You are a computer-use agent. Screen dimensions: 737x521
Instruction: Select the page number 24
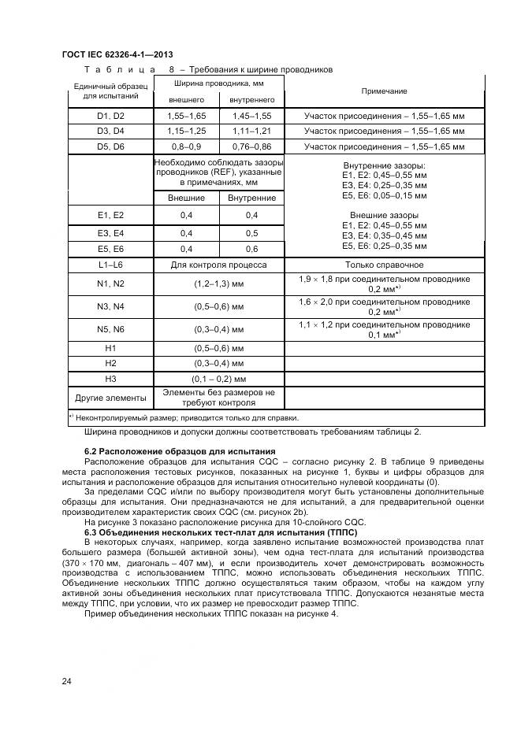pyautogui.click(x=67, y=681)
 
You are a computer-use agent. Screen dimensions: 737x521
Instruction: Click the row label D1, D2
pyautogui.click(x=110, y=116)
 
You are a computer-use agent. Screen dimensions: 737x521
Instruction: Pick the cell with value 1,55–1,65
pyautogui.click(x=186, y=116)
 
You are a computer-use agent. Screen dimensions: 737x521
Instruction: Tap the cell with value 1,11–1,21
pyautogui.click(x=251, y=131)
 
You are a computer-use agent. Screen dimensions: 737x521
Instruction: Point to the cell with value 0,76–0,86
pyautogui.click(x=251, y=146)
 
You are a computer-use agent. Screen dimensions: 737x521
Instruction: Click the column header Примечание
pyautogui.click(x=384, y=91)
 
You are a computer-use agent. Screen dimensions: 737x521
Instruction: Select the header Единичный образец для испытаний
pyautogui.click(x=110, y=91)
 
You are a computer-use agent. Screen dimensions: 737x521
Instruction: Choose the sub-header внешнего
pyautogui.click(x=186, y=100)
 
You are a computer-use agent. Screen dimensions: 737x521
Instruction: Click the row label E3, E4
pyautogui.click(x=110, y=233)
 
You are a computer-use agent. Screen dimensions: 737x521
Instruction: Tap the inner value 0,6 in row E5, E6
pyautogui.click(x=251, y=249)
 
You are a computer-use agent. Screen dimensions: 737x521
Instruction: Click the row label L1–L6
pyautogui.click(x=110, y=265)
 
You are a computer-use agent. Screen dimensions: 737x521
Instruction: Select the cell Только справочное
pyautogui.click(x=384, y=265)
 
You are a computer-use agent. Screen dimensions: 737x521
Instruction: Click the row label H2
pyautogui.click(x=110, y=363)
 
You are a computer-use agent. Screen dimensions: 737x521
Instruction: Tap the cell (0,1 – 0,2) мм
pyautogui.click(x=219, y=379)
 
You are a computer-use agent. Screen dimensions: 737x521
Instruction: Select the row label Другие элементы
pyautogui.click(x=110, y=397)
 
